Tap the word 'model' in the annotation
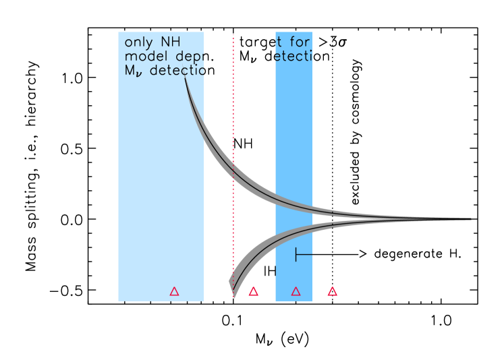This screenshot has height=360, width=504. click(144, 57)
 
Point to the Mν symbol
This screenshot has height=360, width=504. click(133, 71)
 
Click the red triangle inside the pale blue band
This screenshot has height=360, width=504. click(174, 291)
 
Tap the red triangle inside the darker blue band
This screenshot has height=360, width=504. click(296, 291)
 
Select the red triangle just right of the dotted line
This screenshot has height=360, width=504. click(253, 291)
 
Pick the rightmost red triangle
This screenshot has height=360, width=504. click(332, 291)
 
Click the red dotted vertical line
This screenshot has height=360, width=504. click(233, 135)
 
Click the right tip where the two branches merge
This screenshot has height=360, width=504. click(469, 218)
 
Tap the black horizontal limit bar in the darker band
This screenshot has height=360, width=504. click(304, 254)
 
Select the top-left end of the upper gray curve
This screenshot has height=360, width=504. click(186, 79)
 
